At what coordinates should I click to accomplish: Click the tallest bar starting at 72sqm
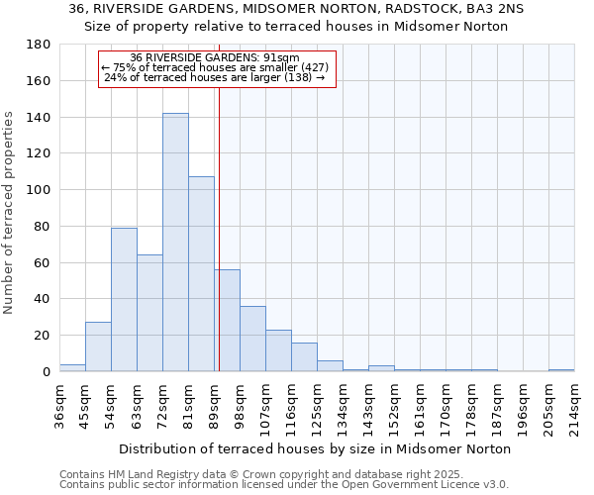(x=175, y=243)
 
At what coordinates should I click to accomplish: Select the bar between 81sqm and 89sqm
(x=201, y=274)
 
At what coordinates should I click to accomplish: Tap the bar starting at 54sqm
(x=124, y=299)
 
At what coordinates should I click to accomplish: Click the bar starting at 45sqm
(x=98, y=346)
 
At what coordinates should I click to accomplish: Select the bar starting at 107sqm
(x=278, y=350)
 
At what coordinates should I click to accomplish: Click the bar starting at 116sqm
(x=304, y=356)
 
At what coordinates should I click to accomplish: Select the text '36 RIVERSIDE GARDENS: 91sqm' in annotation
(x=215, y=58)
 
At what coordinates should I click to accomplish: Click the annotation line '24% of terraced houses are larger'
(x=215, y=77)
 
